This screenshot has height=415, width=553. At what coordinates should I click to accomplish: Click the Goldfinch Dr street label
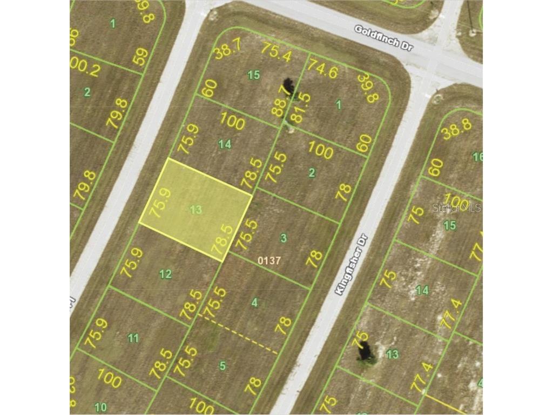(x=383, y=38)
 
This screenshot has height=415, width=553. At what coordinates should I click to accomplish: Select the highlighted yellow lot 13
(x=195, y=210)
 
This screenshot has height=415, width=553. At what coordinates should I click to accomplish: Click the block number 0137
(x=269, y=260)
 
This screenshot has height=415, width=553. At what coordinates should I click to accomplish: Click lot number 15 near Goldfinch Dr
(x=253, y=75)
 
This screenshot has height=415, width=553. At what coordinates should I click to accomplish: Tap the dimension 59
(x=141, y=57)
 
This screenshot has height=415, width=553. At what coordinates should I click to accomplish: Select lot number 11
(x=133, y=338)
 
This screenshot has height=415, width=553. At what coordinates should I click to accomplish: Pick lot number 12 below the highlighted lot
(x=166, y=274)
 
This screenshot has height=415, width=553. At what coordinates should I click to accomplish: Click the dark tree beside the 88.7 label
(x=289, y=86)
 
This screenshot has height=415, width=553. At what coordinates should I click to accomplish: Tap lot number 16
(x=477, y=157)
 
